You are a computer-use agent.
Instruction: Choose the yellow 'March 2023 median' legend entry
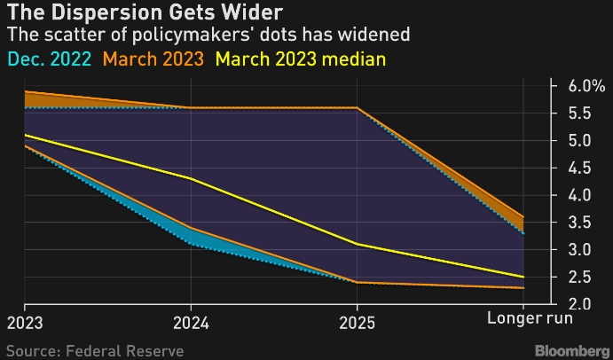click(x=300, y=60)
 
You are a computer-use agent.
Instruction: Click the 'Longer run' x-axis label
click(x=531, y=317)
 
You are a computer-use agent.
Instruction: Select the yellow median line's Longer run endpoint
click(x=523, y=277)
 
